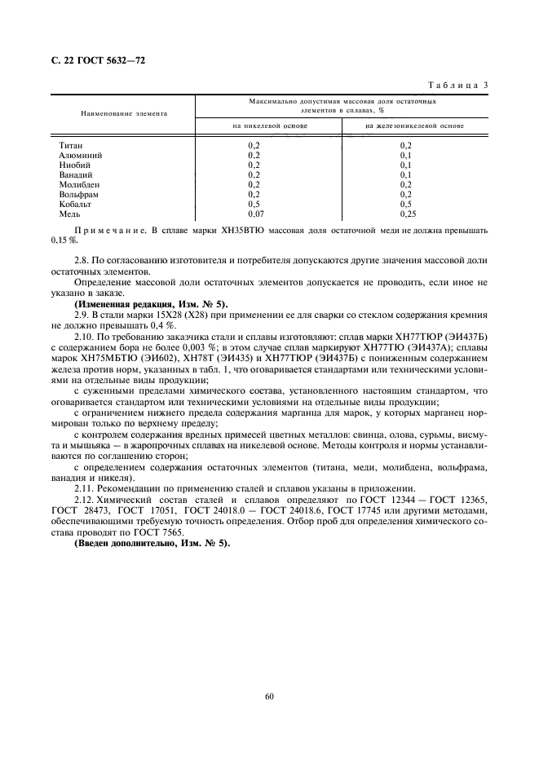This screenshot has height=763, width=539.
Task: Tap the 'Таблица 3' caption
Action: coord(458,85)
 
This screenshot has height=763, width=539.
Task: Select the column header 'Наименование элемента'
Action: coord(123,113)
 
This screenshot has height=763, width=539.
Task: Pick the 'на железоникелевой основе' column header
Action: coord(414,126)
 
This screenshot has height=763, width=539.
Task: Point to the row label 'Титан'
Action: coord(71,145)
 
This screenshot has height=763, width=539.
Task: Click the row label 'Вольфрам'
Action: coord(77,194)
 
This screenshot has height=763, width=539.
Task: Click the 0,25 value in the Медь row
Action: coord(408,214)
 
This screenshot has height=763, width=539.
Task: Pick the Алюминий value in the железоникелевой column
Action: coord(405,155)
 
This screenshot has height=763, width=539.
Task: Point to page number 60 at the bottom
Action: coord(269,695)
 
